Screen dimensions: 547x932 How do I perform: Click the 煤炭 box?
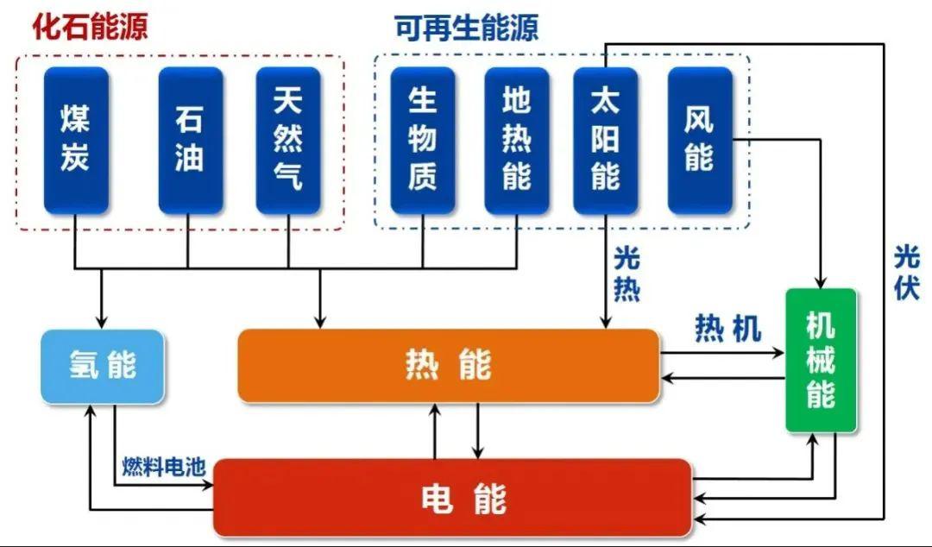tap(76, 140)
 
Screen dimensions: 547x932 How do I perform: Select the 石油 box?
tap(190, 140)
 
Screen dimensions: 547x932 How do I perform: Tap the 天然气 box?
tap(287, 140)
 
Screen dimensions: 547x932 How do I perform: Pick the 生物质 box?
tap(422, 140)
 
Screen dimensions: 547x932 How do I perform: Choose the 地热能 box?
tap(516, 140)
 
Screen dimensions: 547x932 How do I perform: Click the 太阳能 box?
tap(605, 140)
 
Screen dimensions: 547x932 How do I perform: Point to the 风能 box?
tap(699, 140)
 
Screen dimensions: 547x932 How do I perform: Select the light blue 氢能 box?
tap(103, 366)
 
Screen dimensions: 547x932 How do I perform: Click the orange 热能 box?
tap(448, 366)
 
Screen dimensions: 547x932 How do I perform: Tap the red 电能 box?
tap(452, 498)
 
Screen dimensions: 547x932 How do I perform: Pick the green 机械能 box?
tap(821, 360)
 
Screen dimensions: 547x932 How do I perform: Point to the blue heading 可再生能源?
tap(467, 28)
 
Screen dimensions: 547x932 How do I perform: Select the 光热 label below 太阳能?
tap(627, 273)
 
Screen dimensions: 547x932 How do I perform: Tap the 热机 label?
tap(728, 329)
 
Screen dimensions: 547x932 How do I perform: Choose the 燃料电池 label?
tap(163, 468)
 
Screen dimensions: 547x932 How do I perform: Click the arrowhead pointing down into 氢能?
tap(102, 323)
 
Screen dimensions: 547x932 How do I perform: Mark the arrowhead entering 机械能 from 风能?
tap(821, 282)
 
